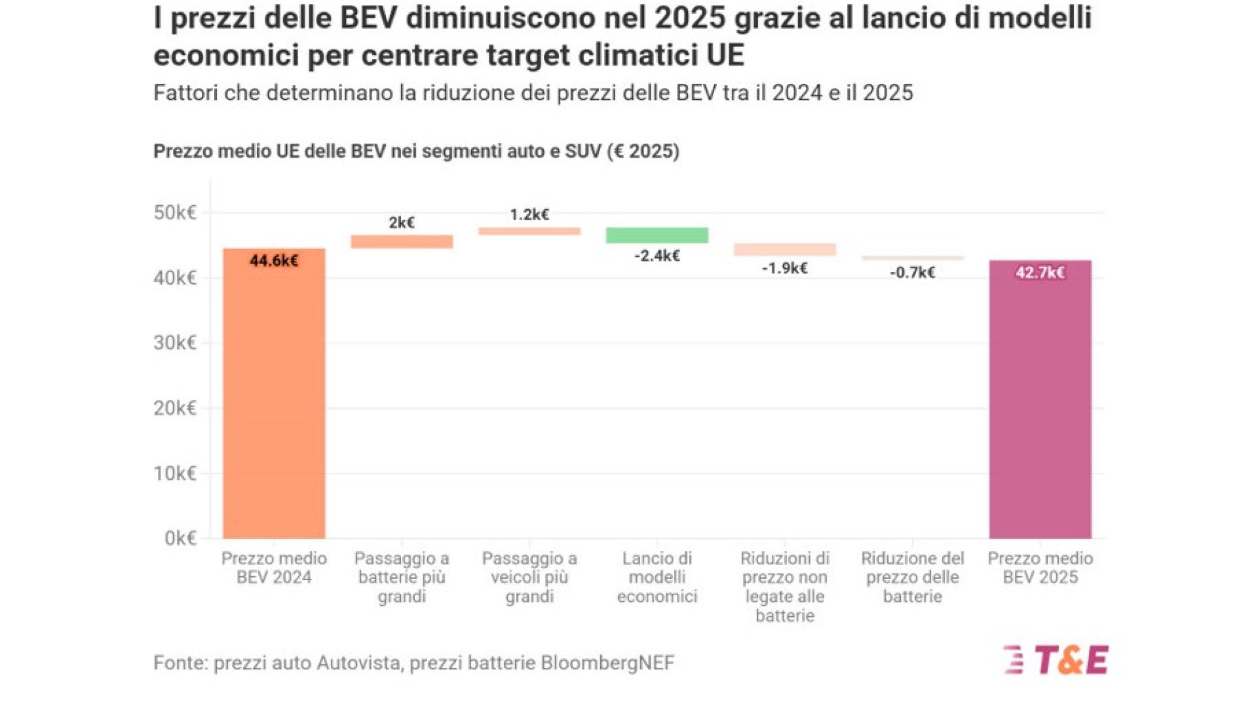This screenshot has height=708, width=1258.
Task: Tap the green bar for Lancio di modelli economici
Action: point(657,235)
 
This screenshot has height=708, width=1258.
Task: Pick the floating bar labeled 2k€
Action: point(402,242)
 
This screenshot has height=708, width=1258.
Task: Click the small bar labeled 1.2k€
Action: point(529,231)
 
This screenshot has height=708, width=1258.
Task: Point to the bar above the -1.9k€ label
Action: point(785,250)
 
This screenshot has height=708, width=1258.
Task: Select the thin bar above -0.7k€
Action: point(913,258)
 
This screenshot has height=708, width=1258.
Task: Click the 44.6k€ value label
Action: point(274,261)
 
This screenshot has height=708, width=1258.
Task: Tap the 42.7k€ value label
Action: point(1040,273)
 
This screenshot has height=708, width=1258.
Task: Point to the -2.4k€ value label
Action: point(657,256)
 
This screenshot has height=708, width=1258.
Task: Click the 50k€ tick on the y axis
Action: point(175,213)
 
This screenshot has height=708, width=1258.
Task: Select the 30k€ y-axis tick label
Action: point(175,343)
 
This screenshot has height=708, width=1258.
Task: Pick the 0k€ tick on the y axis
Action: point(180,538)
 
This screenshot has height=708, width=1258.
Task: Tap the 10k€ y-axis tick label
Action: point(175,473)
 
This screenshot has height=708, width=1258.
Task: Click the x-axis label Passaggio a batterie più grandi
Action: point(402,577)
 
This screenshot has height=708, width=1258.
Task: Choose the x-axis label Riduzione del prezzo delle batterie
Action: point(913,577)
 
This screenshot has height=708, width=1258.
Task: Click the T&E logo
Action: point(1056,660)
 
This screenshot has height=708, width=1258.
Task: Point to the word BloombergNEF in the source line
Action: point(607,663)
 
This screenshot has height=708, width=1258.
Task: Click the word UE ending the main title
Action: point(725,55)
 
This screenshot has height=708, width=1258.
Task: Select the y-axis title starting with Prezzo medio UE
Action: point(416,151)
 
